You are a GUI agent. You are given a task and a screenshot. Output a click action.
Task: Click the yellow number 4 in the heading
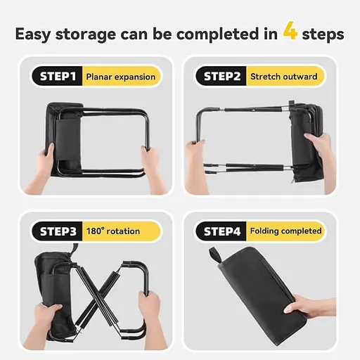coord(290,30)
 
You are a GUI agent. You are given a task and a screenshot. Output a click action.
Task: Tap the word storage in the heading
coord(86,34)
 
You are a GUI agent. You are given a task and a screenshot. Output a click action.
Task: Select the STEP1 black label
coord(58,77)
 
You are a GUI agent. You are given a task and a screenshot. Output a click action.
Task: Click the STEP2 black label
coord(221,77)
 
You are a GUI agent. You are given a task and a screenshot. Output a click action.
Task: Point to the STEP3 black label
coord(58,231)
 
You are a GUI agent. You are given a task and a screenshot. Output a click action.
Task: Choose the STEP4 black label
coord(221,231)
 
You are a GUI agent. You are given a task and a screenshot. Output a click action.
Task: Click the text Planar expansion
coord(121,77)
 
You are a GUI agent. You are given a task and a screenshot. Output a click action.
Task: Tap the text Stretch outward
coord(284,77)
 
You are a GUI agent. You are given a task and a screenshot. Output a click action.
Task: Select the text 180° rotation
coord(113,231)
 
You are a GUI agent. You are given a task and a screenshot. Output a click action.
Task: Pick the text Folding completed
coord(285,231)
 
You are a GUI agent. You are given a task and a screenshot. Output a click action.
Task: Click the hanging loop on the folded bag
coord(216,255)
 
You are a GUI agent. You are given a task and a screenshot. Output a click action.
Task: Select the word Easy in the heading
coord(33,34)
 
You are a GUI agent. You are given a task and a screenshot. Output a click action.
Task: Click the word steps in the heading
coord(323,34)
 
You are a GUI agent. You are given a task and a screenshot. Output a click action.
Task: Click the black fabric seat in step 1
coord(65,139)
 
